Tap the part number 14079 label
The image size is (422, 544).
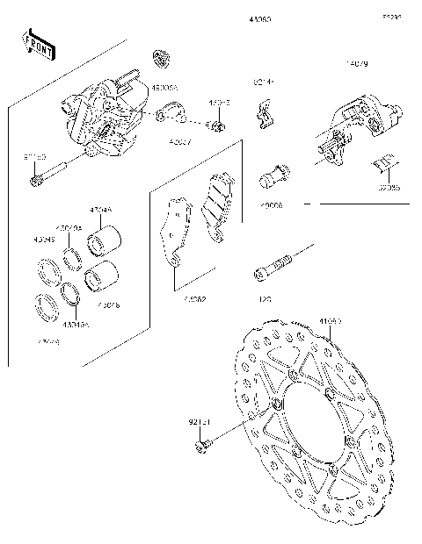pyautogui.click(x=356, y=64)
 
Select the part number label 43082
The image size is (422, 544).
pyautogui.click(x=194, y=299)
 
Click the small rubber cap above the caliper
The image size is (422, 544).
pyautogui.click(x=160, y=58)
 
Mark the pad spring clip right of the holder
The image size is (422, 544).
pyautogui.click(x=383, y=165)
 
